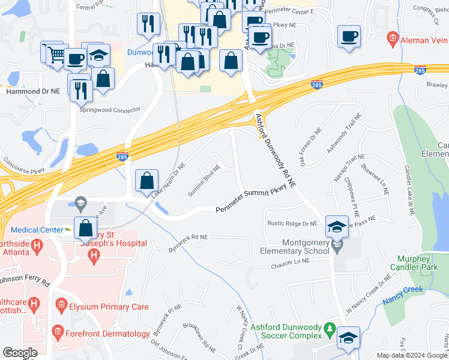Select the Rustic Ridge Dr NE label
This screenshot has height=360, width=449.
coord(292,224)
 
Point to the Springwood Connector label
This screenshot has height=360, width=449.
coord(110,110)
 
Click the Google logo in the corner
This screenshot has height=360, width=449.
coord(20,353)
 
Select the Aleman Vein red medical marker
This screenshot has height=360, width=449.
coord(393,40)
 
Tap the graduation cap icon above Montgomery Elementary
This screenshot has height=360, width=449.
coord(337,227)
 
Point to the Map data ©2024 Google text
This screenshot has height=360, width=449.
coord(412,355)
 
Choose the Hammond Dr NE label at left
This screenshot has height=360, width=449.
coord(33,91)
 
